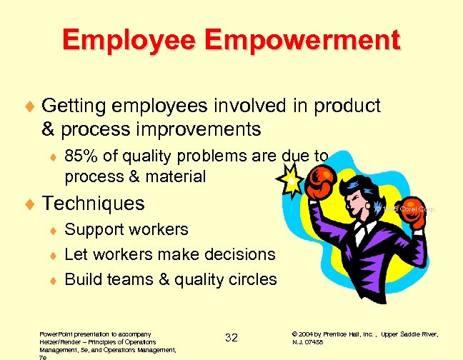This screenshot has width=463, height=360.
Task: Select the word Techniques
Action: [x=93, y=204]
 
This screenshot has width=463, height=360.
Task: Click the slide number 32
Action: [x=231, y=337]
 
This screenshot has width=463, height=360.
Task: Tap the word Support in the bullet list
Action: [x=94, y=229]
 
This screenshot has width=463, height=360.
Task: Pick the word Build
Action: [x=84, y=279]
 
